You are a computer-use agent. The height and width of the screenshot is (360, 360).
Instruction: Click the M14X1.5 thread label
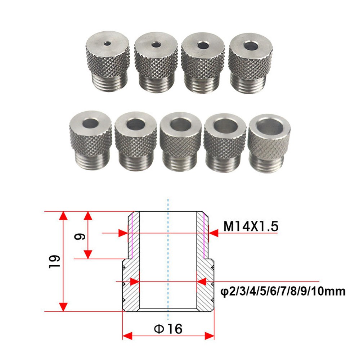pyautogui.click(x=251, y=226)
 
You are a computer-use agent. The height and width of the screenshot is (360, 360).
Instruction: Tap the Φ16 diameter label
pyautogui.click(x=168, y=329)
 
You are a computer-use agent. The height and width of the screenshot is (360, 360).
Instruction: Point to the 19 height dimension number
pyautogui.click(x=54, y=261)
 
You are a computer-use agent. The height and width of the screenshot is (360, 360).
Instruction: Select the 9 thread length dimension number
pyautogui.click(x=80, y=236)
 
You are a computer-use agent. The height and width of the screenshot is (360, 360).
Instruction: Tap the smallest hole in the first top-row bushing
pyautogui.click(x=107, y=43)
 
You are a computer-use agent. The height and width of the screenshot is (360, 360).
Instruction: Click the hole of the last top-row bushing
pyautogui.click(x=251, y=46)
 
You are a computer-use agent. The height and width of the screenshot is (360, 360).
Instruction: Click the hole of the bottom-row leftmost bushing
pyautogui.click(x=91, y=123)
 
